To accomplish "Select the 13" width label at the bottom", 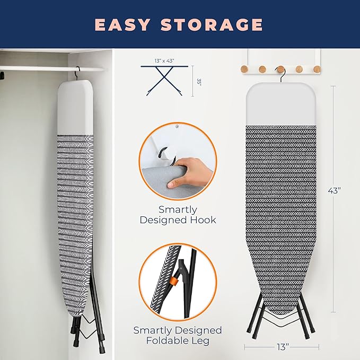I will [282, 347].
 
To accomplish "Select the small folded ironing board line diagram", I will [165, 80].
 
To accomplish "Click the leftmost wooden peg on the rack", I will [245, 68].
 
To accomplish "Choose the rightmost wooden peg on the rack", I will [317, 68].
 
